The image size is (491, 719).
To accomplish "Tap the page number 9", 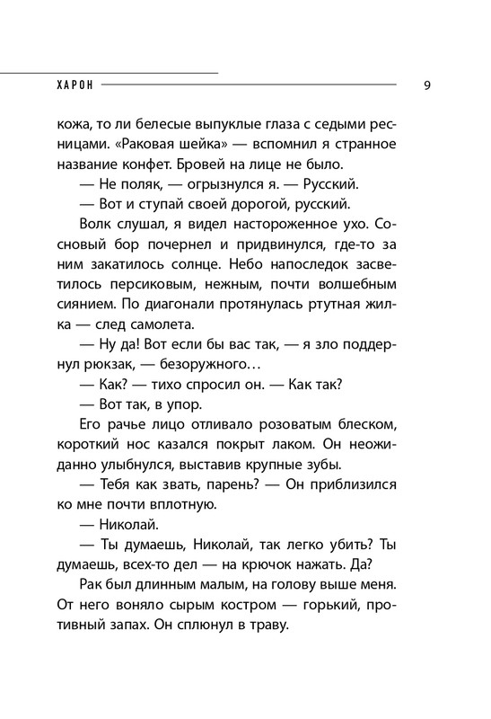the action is point(425,85).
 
